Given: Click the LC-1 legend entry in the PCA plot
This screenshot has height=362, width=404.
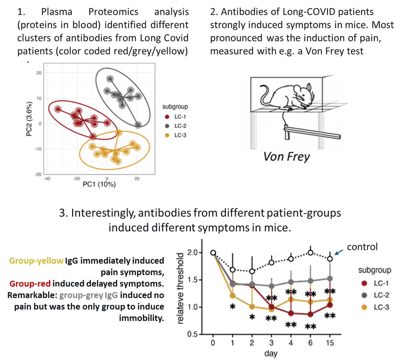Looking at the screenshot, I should click(x=180, y=117).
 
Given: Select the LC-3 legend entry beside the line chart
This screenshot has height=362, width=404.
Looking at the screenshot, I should click(x=381, y=307).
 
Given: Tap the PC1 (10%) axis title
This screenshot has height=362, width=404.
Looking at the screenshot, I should click(x=99, y=184).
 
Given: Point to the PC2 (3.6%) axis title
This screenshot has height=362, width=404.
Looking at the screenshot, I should click(x=29, y=119).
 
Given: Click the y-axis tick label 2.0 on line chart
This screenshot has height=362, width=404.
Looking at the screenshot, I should click(x=193, y=253).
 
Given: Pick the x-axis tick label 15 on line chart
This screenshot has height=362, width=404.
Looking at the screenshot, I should click(x=330, y=343).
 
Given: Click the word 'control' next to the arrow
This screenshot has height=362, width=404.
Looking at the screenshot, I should click(x=362, y=247).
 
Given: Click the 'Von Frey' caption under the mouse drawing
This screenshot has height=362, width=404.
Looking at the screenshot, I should click(x=287, y=157).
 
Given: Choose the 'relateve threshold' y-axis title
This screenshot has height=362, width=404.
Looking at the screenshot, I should click(x=181, y=288).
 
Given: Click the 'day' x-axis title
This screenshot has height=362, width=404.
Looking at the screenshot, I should click(x=271, y=354).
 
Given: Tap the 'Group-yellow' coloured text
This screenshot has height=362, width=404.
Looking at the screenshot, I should click(x=36, y=261).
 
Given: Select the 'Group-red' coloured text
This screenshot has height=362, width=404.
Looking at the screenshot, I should click(x=30, y=284).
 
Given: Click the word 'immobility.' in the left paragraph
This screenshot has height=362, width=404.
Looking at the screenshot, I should click(x=141, y=318).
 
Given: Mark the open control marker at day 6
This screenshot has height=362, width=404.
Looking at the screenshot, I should click(x=310, y=253).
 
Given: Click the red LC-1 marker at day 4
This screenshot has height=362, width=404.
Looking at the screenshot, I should click(x=291, y=313).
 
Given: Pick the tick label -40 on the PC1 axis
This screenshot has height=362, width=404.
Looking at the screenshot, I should click(x=47, y=178).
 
